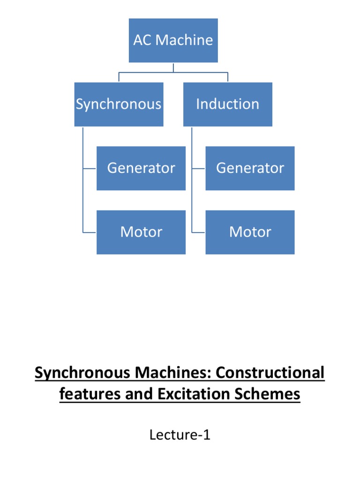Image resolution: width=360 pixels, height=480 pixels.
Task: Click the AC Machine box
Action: tap(173, 40)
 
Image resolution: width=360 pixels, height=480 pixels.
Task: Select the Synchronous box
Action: tap(119, 104)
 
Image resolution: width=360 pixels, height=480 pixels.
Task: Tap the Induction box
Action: tap(227, 104)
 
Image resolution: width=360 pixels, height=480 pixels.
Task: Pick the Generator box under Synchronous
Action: tap(141, 168)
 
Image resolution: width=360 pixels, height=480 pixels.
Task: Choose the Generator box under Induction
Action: tap(250, 168)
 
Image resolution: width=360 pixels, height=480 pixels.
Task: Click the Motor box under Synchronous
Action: tap(141, 232)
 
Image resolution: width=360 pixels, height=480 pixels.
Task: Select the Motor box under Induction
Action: tap(250, 232)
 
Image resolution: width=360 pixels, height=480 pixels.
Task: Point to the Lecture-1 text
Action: tap(180, 435)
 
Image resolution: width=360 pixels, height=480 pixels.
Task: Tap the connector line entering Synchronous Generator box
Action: tap(90, 168)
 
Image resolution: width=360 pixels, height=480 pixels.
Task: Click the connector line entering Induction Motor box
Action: tap(199, 232)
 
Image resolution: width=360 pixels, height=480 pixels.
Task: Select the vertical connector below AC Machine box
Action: tap(173, 67)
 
